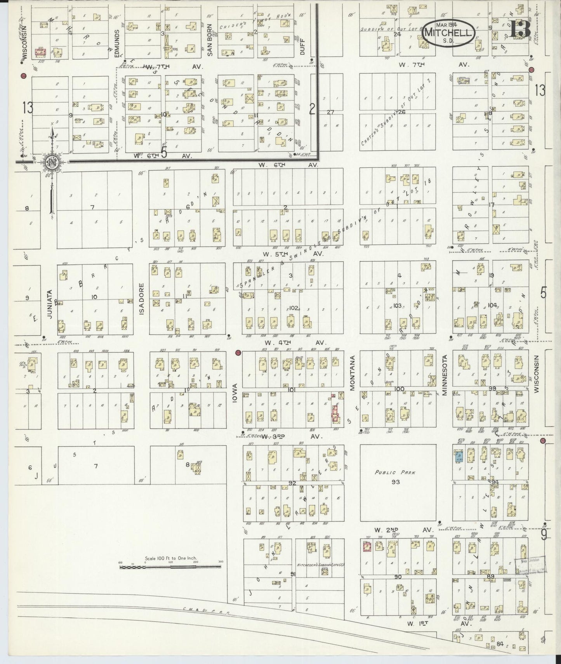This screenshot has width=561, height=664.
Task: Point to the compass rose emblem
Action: coord(51,162)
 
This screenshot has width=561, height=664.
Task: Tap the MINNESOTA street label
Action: coord(445,375)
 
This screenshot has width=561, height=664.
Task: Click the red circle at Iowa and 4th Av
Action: coord(238,353)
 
